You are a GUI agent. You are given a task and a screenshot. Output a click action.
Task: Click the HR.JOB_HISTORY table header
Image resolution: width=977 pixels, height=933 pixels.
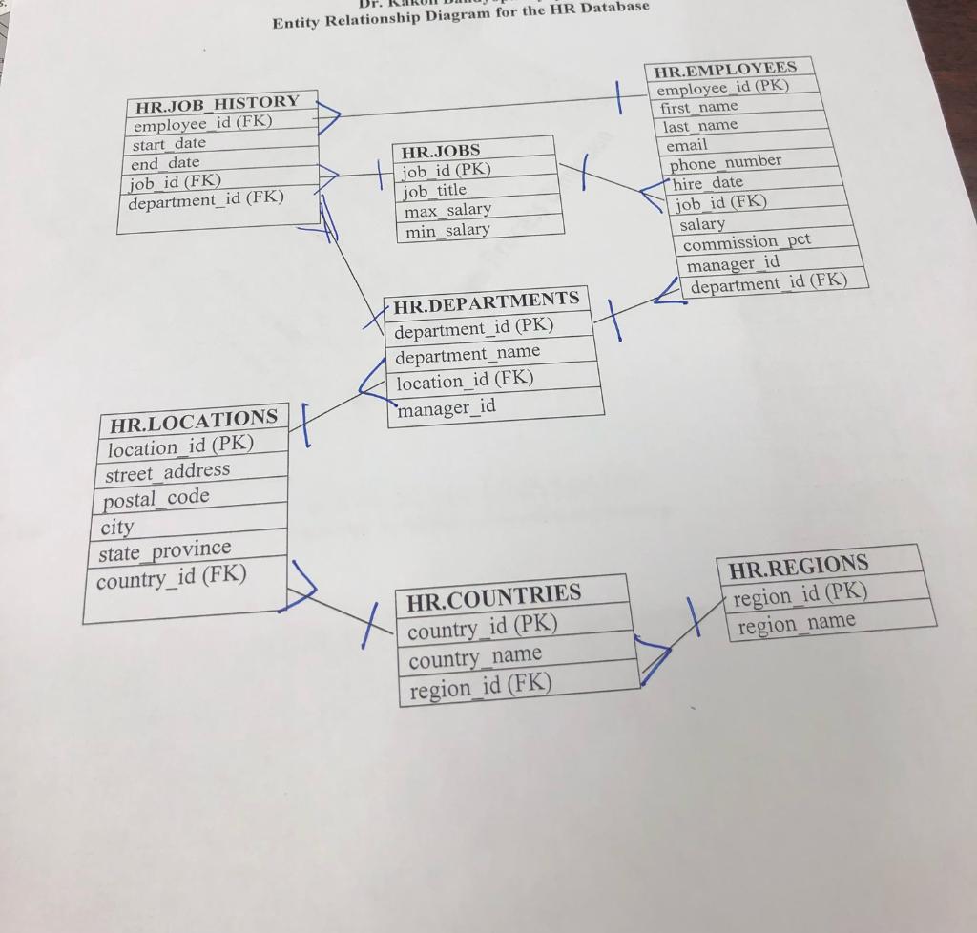pos(217,102)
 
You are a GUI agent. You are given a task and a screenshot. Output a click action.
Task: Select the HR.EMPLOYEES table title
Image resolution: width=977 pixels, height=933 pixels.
pos(724,68)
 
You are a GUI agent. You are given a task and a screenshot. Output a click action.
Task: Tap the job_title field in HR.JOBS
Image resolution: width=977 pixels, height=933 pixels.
pos(434,191)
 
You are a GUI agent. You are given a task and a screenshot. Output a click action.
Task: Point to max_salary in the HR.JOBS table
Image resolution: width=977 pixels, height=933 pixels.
pos(447,210)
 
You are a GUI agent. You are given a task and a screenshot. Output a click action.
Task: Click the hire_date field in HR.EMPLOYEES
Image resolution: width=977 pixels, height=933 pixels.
pos(707,182)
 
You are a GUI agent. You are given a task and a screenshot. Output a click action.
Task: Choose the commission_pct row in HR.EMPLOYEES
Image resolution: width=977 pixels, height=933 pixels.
pos(746,242)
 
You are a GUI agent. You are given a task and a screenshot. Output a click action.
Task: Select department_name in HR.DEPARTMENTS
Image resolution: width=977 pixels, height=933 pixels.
pos(468,353)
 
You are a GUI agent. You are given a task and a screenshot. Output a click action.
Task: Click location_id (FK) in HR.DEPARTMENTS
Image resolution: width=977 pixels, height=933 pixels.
pos(465,380)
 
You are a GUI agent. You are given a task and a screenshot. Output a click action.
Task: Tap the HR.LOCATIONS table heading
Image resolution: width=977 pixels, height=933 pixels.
pos(193,420)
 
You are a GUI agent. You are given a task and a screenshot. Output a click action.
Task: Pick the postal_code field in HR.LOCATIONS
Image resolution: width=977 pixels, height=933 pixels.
pos(156,498)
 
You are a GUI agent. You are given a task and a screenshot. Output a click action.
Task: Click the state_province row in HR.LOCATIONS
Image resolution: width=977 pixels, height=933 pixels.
pos(164,550)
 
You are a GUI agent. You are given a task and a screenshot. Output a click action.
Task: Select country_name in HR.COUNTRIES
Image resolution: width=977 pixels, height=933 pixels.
pos(474,657)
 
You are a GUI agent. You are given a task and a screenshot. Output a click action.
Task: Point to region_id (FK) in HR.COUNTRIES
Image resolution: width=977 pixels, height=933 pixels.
pos(480,686)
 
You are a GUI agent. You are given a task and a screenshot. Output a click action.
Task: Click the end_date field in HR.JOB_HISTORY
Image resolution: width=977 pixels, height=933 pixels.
pos(166,163)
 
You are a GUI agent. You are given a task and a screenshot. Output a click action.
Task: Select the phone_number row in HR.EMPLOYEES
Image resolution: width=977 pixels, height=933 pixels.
pos(725,163)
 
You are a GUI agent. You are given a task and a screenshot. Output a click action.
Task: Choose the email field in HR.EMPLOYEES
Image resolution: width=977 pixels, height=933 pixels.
pos(687,145)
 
